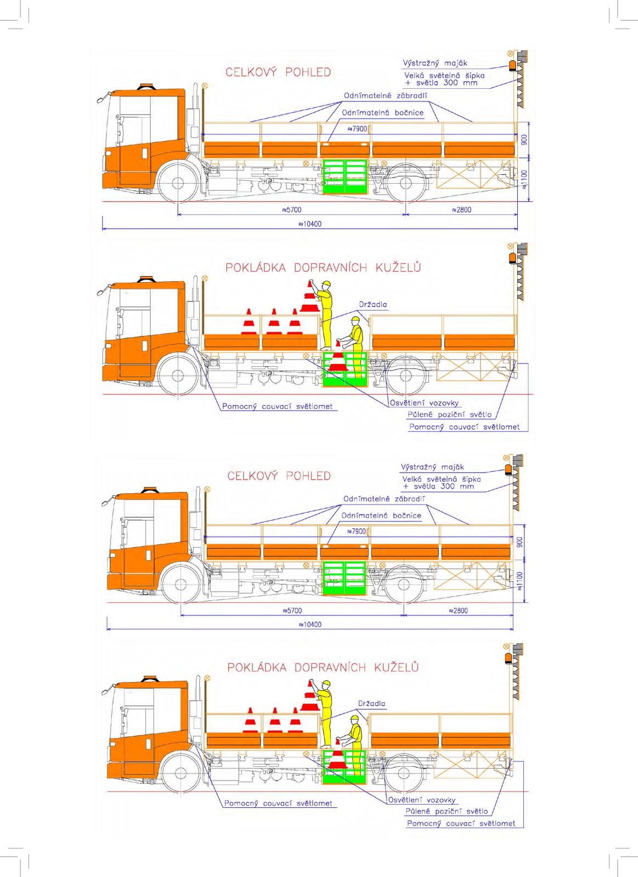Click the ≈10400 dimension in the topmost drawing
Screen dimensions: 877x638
point(310,224)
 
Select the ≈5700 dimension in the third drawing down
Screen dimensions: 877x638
point(292,611)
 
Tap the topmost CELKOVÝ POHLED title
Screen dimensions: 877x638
point(278,72)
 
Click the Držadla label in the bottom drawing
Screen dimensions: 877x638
point(371,704)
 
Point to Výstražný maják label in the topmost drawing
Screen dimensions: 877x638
point(435,63)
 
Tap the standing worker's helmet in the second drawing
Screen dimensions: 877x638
point(326,284)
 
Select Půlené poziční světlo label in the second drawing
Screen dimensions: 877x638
point(449,415)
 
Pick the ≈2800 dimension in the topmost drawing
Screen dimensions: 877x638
point(461,210)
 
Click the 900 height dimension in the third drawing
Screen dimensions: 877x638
point(520,542)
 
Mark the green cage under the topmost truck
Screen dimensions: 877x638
point(345,176)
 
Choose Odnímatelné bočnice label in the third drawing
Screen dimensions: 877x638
point(381,516)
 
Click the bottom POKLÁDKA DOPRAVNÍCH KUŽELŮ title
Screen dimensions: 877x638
point(323,668)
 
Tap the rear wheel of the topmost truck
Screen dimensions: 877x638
point(406,183)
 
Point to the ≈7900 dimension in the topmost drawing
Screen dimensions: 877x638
point(357,129)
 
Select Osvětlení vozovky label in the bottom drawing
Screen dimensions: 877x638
point(422,800)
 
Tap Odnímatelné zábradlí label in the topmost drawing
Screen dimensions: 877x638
point(385,96)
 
